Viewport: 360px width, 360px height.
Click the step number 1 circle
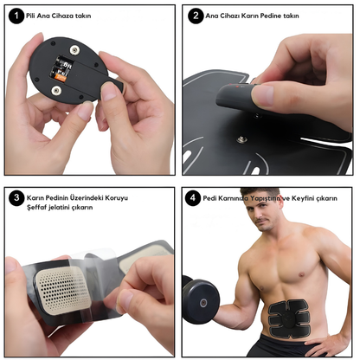pyautogui.click(x=16, y=16)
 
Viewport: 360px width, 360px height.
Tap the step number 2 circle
pyautogui.click(x=196, y=16)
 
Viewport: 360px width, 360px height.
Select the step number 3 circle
pyautogui.click(x=16, y=198)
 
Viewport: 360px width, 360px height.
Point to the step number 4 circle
pyautogui.click(x=193, y=198)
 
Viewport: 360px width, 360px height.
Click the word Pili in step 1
pyautogui.click(x=30, y=16)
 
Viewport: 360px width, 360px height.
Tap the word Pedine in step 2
pyautogui.click(x=271, y=16)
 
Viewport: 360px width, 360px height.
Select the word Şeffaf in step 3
pyautogui.click(x=37, y=208)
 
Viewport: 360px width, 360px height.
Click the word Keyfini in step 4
pyautogui.click(x=303, y=198)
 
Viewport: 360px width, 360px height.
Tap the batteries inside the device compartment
pyautogui.click(x=61, y=68)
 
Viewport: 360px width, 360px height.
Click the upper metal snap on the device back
pyautogui.click(x=75, y=50)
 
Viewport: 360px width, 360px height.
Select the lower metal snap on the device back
pyautogui.click(x=56, y=91)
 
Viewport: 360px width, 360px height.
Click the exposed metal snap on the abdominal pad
pyautogui.click(x=241, y=140)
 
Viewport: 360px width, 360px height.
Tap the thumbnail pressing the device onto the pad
pyautogui.click(x=262, y=95)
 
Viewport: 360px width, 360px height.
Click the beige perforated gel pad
pyautogui.click(x=63, y=290)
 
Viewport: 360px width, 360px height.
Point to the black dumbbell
pyautogui.click(x=200, y=300)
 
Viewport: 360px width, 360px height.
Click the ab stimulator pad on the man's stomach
pyautogui.click(x=289, y=318)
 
